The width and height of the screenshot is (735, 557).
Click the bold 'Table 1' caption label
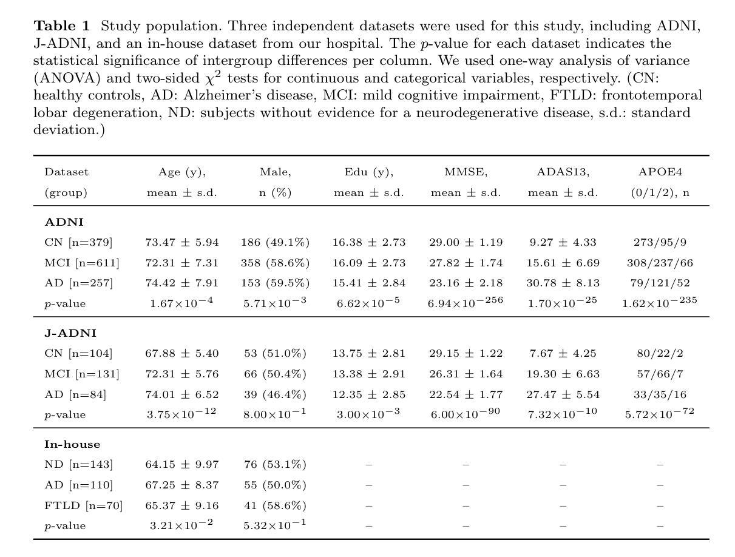click(x=61, y=26)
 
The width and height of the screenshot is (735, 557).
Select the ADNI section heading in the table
click(x=64, y=222)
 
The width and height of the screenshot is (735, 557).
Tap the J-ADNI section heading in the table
click(x=70, y=333)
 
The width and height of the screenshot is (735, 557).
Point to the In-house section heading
click(x=72, y=444)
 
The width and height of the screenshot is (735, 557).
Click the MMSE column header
click(x=466, y=172)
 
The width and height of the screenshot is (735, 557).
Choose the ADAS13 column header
click(x=563, y=172)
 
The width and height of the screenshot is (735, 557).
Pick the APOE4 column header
click(x=660, y=172)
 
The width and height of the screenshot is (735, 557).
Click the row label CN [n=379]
click(x=78, y=243)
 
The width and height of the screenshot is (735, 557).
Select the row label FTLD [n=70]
click(x=83, y=505)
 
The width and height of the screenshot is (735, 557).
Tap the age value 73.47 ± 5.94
click(x=182, y=243)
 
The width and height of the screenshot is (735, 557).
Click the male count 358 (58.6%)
click(x=276, y=263)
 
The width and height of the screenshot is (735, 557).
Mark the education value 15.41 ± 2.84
click(x=368, y=283)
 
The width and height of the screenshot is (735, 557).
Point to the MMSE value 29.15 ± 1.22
click(x=466, y=353)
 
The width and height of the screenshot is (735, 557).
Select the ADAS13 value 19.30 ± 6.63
click(x=563, y=374)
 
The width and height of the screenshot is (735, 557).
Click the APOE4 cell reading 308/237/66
click(x=660, y=263)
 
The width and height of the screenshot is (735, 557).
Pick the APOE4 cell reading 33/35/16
click(x=660, y=394)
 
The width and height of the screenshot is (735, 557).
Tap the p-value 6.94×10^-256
click(x=466, y=302)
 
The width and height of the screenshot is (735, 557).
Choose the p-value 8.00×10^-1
click(x=276, y=414)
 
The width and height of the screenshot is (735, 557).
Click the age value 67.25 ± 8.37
click(x=182, y=485)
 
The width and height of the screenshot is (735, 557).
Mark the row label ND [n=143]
click(x=78, y=465)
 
